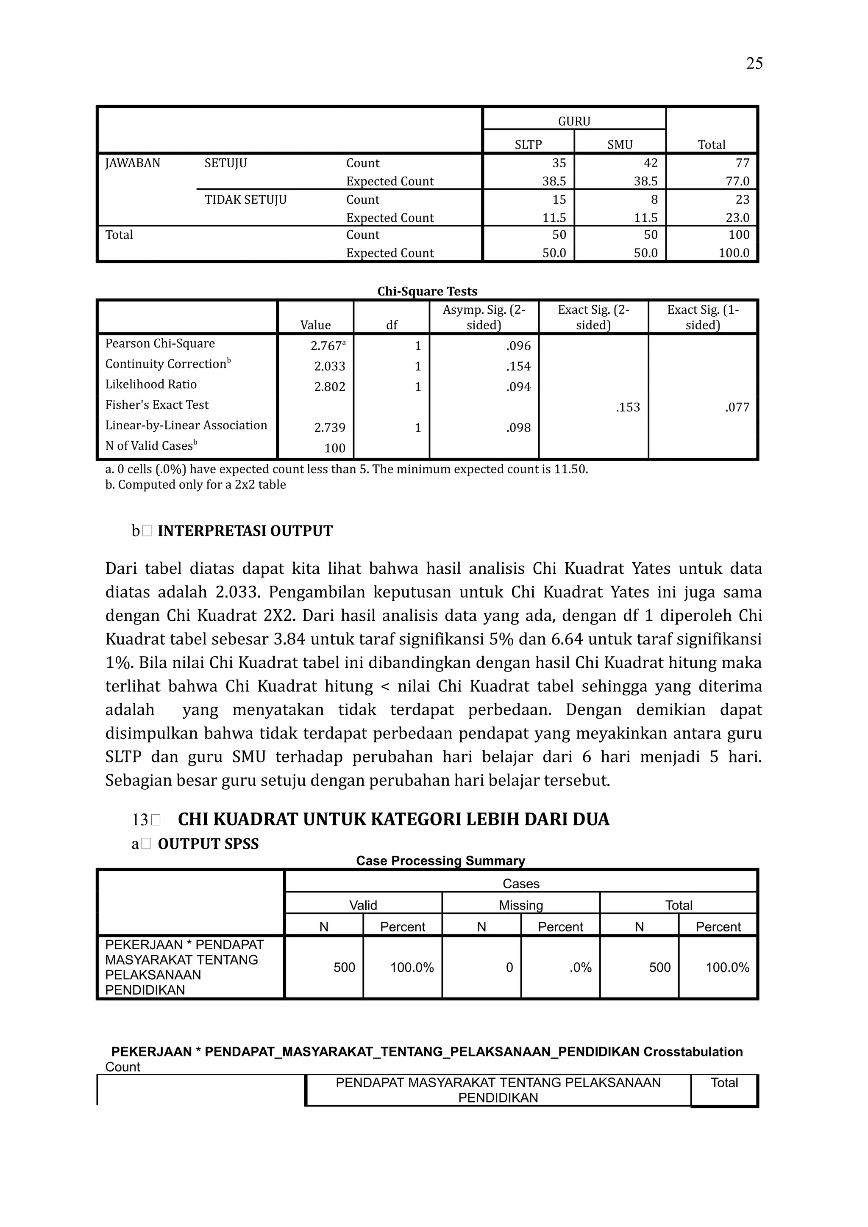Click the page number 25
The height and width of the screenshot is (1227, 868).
point(754,64)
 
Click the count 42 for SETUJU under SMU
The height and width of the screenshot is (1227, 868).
point(650,163)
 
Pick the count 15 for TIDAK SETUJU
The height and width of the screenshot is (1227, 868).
point(559,199)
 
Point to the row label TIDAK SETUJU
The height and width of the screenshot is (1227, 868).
point(245,200)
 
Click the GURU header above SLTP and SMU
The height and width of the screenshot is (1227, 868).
point(574,122)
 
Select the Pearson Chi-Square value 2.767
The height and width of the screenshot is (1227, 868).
point(327,346)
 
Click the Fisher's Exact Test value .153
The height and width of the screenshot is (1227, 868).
point(627,407)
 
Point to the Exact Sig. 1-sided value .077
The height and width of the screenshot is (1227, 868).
point(737,407)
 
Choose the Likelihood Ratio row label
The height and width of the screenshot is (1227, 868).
point(151,384)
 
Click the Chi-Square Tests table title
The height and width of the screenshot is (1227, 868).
point(427,291)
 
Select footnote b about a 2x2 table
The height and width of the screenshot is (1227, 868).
point(196,485)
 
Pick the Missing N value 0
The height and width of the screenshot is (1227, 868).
point(509,967)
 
